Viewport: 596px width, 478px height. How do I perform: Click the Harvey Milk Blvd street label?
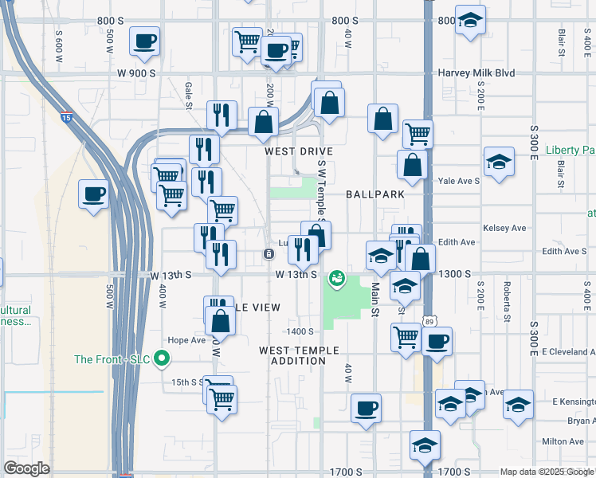pyautogui.click(x=476, y=73)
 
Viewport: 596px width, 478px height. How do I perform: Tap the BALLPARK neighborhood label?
pyautogui.click(x=375, y=194)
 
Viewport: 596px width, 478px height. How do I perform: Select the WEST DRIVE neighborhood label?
pyautogui.click(x=299, y=151)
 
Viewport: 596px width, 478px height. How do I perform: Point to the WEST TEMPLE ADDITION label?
pyautogui.click(x=299, y=355)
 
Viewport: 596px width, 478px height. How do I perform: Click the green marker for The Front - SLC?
pyautogui.click(x=163, y=358)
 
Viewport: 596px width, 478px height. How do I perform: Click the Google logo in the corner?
pyautogui.click(x=26, y=468)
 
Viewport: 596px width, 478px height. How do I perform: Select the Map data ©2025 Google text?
pyautogui.click(x=546, y=472)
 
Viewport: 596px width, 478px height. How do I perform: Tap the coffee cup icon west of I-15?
pyautogui.click(x=93, y=194)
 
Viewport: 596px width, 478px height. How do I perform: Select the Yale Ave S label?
pyautogui.click(x=458, y=181)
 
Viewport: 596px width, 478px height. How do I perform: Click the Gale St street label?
pyautogui.click(x=190, y=95)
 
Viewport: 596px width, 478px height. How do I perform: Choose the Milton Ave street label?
pyautogui.click(x=563, y=441)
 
